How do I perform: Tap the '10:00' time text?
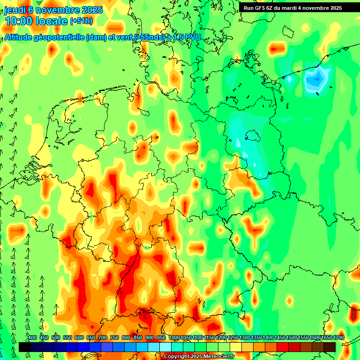click(x=19, y=21)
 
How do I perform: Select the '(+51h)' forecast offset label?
click(x=81, y=21)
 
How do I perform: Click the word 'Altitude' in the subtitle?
click(x=21, y=37)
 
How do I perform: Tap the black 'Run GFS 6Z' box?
click(x=292, y=8)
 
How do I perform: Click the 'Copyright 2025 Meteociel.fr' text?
click(x=199, y=357)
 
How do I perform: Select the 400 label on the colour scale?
click(x=32, y=338)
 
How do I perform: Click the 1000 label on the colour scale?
click(x=174, y=338)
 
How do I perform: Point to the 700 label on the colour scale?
click(x=103, y=338)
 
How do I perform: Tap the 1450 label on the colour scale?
click(x=280, y=338)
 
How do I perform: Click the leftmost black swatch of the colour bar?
click(x=25, y=347)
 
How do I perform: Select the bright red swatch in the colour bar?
click(x=283, y=347)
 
